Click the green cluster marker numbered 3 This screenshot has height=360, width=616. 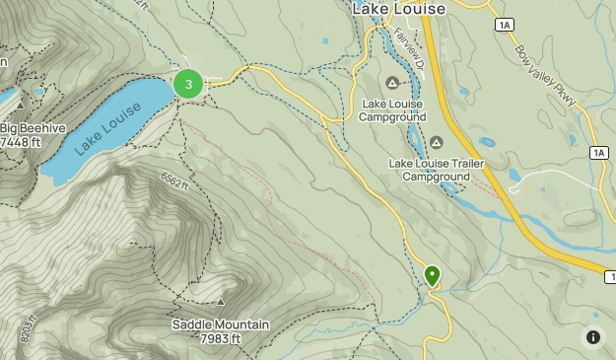(188, 84)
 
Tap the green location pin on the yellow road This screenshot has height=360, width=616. (432, 275)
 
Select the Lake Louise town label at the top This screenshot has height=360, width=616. (398, 9)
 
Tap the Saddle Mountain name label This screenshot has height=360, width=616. (221, 324)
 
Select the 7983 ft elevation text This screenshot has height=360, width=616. (221, 339)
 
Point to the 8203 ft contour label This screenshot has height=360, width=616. (26, 328)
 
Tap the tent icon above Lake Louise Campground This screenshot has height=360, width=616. (392, 83)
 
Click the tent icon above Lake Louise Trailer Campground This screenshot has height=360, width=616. (435, 144)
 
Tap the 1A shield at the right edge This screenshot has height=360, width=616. (600, 152)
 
